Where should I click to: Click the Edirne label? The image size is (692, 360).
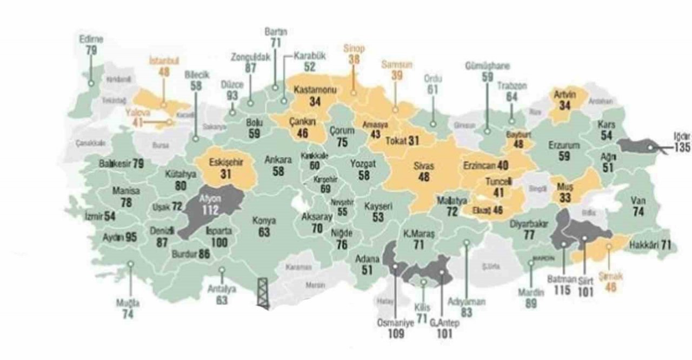(91, 39)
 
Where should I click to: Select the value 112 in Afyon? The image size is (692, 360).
(211, 209)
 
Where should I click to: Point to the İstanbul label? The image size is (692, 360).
(163, 61)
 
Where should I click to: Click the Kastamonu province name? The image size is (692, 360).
(315, 89)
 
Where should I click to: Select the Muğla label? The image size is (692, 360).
(128, 303)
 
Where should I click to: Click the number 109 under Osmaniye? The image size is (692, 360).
(396, 334)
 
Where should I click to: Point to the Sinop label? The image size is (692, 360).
(354, 49)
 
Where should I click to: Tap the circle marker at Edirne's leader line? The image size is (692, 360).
(91, 83)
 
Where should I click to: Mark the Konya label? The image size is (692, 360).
(264, 221)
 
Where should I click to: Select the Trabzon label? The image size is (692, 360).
(512, 85)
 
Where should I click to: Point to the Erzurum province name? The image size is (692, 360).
(564, 145)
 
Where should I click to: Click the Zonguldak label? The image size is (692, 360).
(250, 57)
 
